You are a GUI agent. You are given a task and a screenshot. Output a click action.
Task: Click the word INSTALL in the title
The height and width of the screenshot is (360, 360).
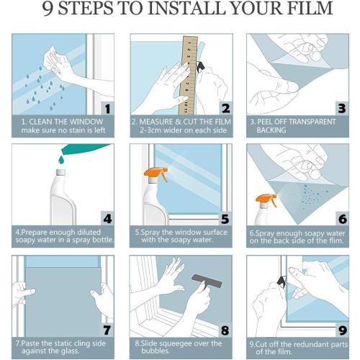pos(186,8)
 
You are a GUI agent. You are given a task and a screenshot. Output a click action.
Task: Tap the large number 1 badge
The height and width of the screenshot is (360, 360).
pos(107,109)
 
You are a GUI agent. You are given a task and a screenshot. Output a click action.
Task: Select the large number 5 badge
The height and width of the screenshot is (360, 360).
pos(225,219)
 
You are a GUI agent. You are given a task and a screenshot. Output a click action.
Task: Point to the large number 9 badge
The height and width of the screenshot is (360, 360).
pos(343,330)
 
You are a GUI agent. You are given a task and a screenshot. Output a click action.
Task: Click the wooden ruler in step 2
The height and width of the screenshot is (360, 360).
pos(188,76)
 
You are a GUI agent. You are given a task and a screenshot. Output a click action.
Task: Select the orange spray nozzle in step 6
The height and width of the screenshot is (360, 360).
pos(266,199)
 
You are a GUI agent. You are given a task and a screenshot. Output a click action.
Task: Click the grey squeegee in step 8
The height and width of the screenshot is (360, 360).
pos(207,282)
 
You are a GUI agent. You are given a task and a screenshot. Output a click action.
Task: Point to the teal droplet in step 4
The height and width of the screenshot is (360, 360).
pos(61,159)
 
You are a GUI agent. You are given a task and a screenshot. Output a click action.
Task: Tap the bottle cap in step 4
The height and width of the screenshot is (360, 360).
pos(60,172)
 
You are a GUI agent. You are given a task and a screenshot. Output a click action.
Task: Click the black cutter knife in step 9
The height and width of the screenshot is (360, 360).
pos(282,281)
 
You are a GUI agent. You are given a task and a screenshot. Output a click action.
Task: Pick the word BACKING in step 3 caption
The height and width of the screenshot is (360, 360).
pos(271,130)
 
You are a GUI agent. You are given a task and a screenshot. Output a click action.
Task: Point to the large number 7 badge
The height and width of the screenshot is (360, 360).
pos(107,330)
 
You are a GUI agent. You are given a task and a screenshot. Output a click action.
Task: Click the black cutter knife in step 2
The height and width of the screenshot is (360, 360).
pos(201,66)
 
